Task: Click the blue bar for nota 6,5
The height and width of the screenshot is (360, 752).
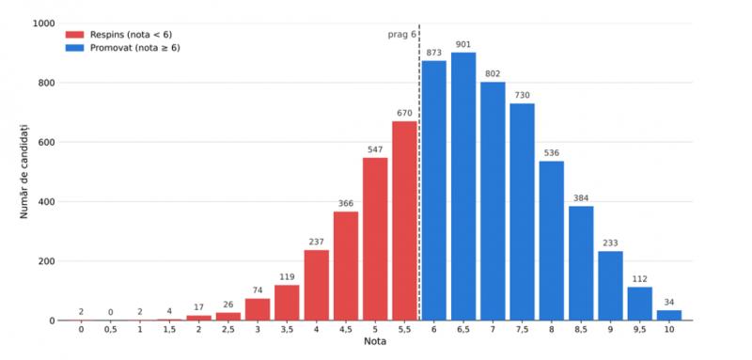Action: (x=463, y=186)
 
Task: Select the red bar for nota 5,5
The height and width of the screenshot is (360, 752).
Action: (x=404, y=221)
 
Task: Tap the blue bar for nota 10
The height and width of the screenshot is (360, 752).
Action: (x=669, y=316)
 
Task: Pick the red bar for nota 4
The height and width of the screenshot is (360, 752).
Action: (x=317, y=285)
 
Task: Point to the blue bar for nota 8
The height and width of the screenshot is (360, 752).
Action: (x=552, y=241)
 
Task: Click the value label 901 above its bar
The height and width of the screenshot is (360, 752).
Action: (x=463, y=44)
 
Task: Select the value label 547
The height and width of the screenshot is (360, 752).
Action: (x=375, y=149)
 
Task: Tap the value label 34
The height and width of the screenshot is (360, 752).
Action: (x=669, y=303)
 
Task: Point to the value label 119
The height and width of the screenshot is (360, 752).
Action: (x=287, y=277)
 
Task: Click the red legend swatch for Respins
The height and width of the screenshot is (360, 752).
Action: (x=75, y=35)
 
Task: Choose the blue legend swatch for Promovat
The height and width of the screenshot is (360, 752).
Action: (x=75, y=48)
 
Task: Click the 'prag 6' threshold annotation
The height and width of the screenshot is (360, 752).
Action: (x=402, y=35)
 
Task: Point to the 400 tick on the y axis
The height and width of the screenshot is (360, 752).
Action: (x=47, y=202)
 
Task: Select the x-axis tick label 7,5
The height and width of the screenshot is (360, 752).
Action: (x=522, y=330)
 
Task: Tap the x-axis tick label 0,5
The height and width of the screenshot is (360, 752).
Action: (x=110, y=330)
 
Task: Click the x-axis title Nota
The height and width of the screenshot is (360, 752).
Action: (x=375, y=342)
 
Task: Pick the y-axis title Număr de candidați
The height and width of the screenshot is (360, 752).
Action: (x=24, y=171)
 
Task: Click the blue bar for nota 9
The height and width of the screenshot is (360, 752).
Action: (x=610, y=286)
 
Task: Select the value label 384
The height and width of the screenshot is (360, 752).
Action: (x=581, y=198)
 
